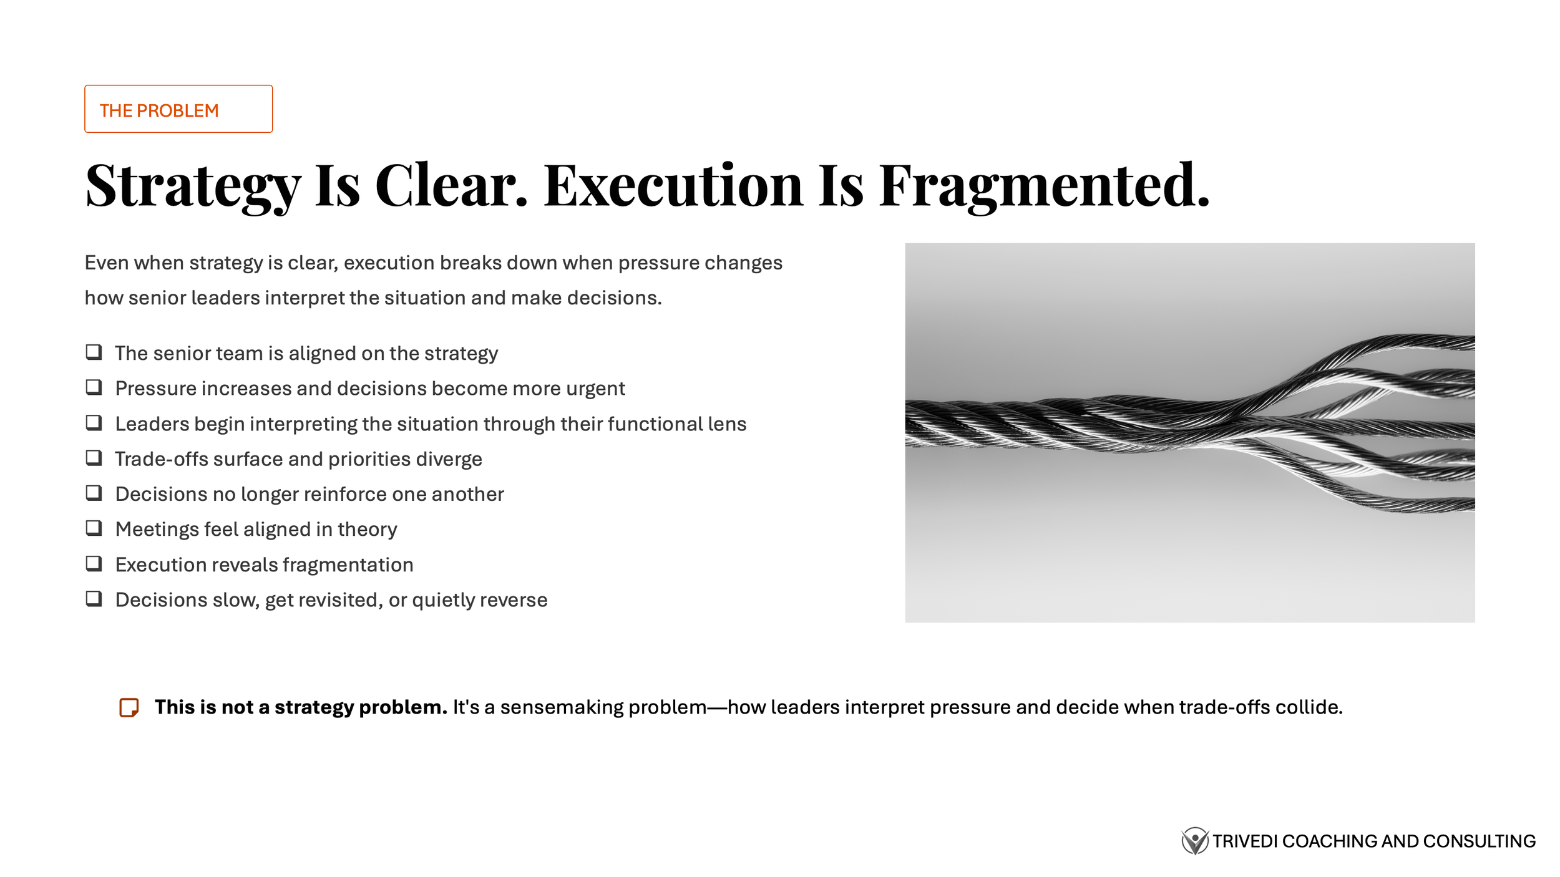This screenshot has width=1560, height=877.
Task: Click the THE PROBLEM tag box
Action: [178, 109]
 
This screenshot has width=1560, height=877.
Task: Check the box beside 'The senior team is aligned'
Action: [94, 352]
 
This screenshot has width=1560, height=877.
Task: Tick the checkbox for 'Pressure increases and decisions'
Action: [94, 387]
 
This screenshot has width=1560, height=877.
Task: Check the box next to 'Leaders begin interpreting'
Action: [94, 423]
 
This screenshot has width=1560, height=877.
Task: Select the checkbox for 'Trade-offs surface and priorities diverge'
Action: [94, 458]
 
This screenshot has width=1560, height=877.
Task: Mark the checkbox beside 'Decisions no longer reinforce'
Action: [94, 493]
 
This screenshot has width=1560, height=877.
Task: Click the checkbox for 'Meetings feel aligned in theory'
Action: [94, 528]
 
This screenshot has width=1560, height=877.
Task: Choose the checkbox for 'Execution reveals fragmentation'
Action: [94, 563]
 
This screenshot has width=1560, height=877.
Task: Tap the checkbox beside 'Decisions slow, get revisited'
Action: [94, 599]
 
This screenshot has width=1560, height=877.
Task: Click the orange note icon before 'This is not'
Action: [129, 707]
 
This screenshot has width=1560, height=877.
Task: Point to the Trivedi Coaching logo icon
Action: [1194, 841]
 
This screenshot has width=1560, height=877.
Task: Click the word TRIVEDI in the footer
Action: [1245, 841]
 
